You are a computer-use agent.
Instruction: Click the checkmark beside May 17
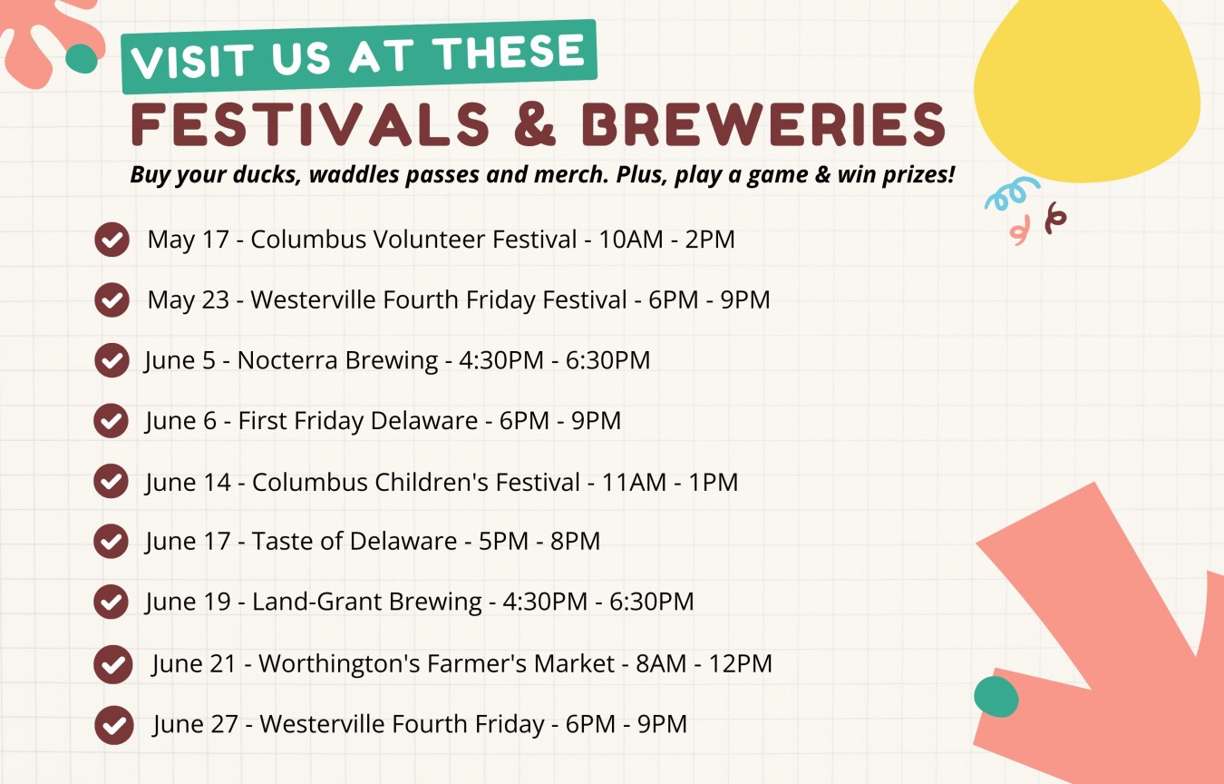(112, 240)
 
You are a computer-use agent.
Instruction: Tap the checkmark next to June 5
(112, 360)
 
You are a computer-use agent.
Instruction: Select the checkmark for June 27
(113, 725)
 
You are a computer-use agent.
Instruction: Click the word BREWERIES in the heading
(763, 124)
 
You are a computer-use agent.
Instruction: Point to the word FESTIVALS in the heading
(310, 124)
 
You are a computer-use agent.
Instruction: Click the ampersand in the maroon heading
(535, 124)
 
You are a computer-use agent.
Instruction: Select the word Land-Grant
(316, 602)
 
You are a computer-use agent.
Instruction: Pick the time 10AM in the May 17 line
(631, 240)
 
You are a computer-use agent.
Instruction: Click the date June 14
(188, 483)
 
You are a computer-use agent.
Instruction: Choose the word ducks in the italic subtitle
(267, 175)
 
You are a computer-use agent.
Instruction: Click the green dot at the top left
(82, 58)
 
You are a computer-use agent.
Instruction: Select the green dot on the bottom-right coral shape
(996, 697)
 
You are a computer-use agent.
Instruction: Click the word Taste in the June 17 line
(283, 541)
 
